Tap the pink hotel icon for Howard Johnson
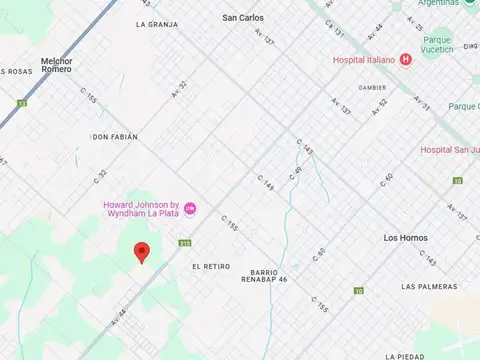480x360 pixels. (190, 208)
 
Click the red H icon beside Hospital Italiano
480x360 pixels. (405, 59)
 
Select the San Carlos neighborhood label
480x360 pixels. (243, 18)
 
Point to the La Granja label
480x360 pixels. (157, 23)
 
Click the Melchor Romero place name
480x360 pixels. (56, 64)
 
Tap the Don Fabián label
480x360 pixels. (114, 136)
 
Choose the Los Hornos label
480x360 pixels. (405, 238)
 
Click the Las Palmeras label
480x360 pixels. (429, 286)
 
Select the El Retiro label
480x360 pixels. (210, 266)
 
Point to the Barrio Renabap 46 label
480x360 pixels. (269, 275)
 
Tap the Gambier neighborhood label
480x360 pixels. (372, 87)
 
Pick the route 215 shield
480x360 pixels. (184, 243)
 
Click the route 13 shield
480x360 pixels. (21, 102)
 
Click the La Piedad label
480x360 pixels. (403, 356)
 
